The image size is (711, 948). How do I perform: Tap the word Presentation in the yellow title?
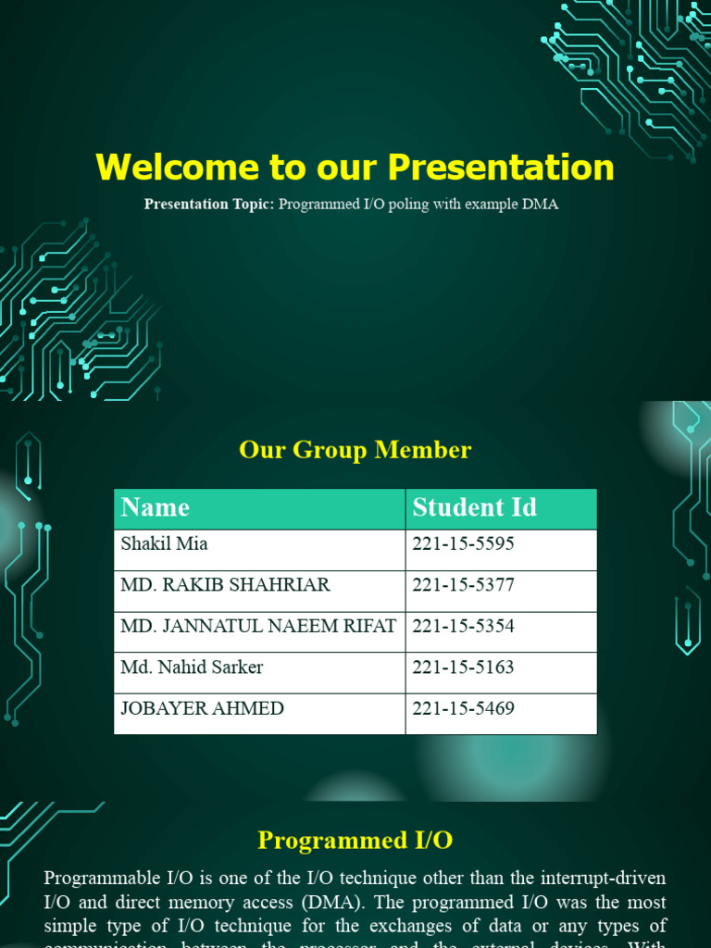(501, 168)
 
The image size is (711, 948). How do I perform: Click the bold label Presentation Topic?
(209, 205)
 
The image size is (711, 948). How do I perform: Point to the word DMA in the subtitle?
(540, 205)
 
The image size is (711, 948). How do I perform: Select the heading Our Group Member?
(355, 450)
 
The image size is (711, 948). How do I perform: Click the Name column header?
(156, 507)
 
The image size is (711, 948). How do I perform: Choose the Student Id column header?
(474, 507)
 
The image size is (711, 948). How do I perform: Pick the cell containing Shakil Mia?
(165, 544)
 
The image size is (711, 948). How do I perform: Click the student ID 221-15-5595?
(463, 544)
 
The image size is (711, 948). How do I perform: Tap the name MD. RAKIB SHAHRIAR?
(225, 585)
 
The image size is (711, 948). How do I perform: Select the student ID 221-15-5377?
(463, 585)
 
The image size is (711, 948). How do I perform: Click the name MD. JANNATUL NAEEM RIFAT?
(258, 626)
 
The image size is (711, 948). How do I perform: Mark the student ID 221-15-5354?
(463, 626)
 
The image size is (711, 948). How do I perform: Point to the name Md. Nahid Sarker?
(192, 667)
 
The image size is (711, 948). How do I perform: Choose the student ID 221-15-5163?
(463, 667)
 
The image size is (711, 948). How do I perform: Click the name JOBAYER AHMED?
(202, 708)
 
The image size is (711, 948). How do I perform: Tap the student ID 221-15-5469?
(463, 708)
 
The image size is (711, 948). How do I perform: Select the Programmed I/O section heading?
(355, 841)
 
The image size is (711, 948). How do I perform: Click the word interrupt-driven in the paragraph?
(603, 878)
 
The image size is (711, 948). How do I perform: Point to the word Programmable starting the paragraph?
(102, 878)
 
